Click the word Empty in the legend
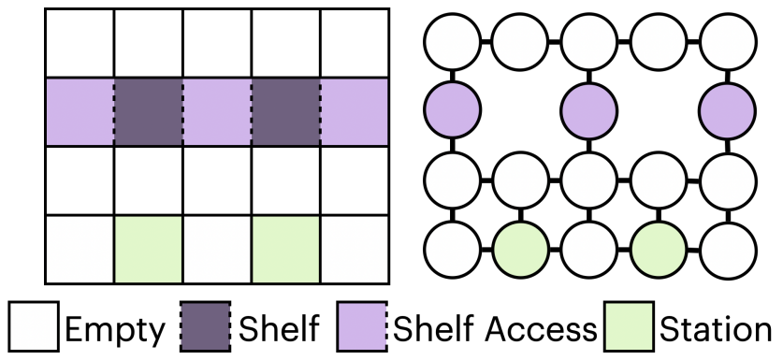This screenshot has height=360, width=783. [x=113, y=328]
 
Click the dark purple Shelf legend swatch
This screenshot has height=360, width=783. [x=205, y=328]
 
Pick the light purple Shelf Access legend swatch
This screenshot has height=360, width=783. [x=364, y=328]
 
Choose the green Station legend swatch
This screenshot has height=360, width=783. [x=631, y=328]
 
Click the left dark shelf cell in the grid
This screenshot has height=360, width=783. [x=148, y=112]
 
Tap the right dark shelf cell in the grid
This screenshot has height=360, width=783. [x=285, y=112]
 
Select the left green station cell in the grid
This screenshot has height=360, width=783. [x=148, y=249]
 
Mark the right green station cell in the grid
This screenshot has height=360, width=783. [x=285, y=249]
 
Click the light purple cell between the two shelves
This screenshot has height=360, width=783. [x=217, y=112]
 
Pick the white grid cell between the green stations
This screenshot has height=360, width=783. [x=217, y=249]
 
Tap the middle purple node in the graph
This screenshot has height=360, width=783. [x=590, y=109]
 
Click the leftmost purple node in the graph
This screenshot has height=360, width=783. [x=452, y=109]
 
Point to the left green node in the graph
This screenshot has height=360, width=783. [x=521, y=249]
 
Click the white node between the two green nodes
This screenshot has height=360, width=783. [x=590, y=249]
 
